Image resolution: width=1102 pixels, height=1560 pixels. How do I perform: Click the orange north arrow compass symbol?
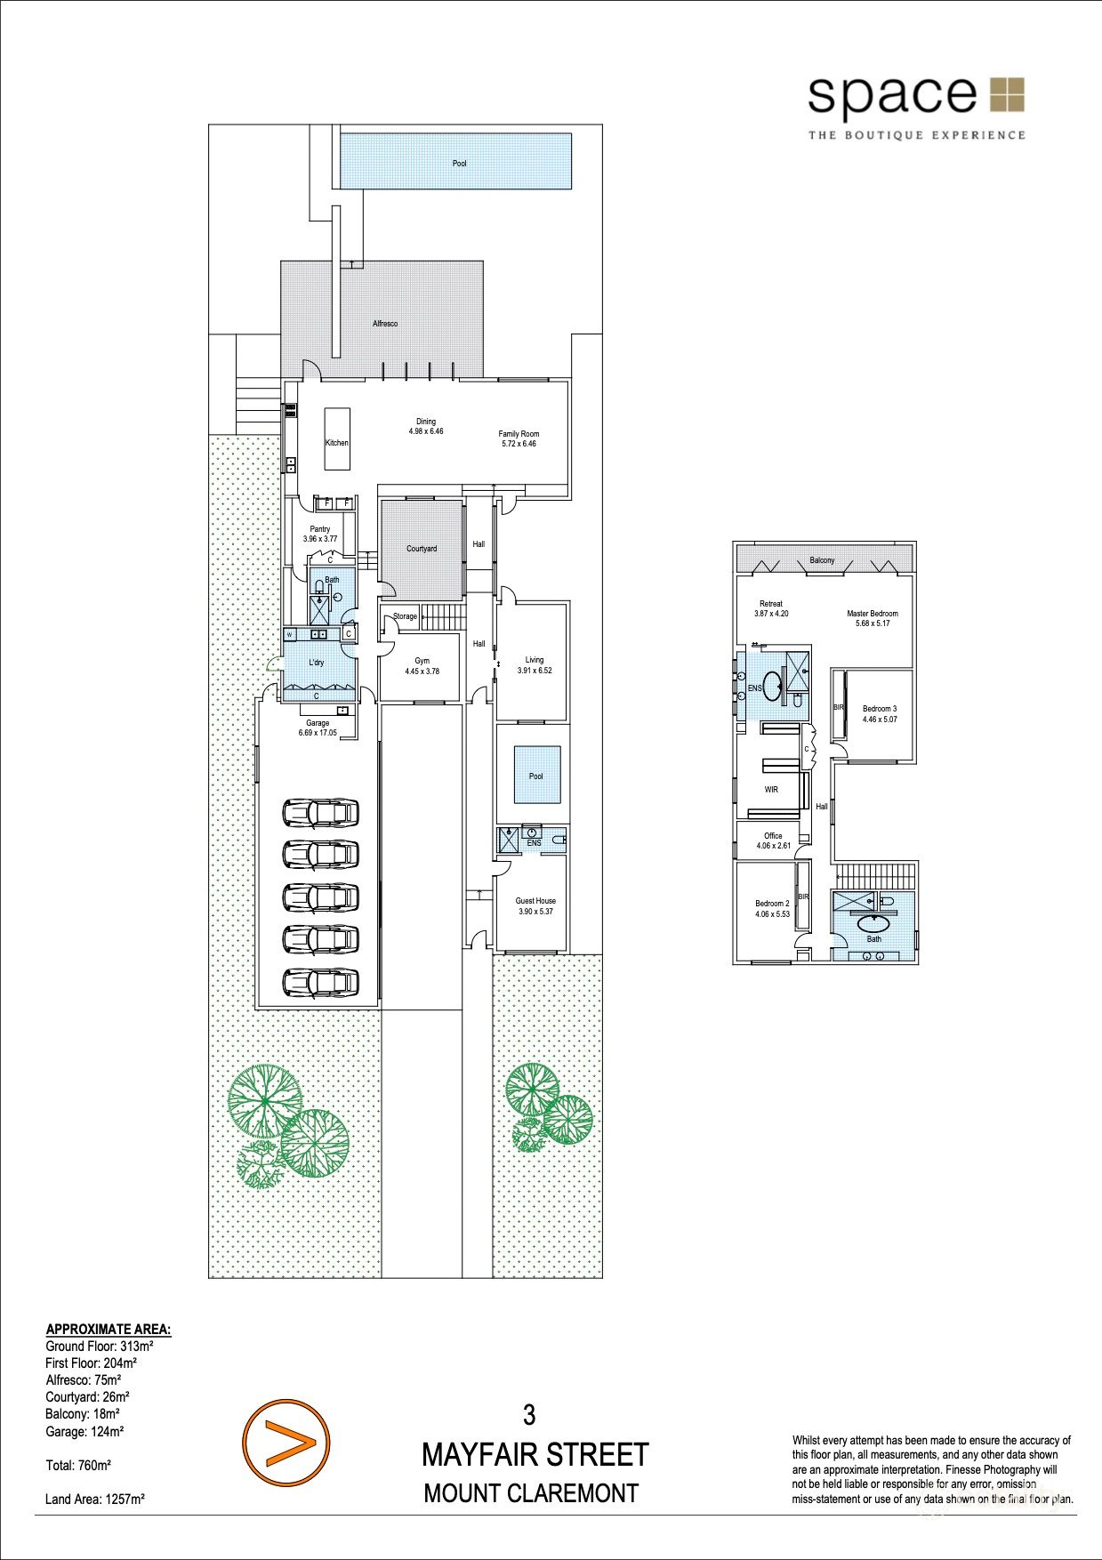tap(286, 1443)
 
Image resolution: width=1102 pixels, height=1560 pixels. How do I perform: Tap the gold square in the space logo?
tap(1007, 95)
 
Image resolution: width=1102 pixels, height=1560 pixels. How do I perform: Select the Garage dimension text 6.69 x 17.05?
tap(318, 733)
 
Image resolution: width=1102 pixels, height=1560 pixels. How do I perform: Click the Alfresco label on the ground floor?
tap(385, 324)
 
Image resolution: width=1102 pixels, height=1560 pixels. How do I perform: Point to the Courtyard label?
tap(422, 549)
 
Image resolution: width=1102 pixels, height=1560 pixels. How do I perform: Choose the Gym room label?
tap(422, 661)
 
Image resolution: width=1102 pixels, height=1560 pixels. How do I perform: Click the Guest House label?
tap(535, 901)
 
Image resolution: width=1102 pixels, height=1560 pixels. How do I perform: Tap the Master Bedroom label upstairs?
tap(873, 614)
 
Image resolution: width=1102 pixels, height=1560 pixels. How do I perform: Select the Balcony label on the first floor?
tap(823, 560)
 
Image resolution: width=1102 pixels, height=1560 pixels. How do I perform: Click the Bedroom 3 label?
tap(880, 709)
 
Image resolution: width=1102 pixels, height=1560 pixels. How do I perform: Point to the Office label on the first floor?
tap(773, 836)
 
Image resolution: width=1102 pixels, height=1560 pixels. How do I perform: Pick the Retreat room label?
tap(771, 604)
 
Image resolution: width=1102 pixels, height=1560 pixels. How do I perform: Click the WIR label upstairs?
tap(771, 790)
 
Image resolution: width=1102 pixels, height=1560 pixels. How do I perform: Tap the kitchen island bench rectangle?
tap(337, 439)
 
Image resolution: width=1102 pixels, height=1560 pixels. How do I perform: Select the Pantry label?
tap(320, 529)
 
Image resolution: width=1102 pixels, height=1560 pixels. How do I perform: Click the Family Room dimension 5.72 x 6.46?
tap(519, 444)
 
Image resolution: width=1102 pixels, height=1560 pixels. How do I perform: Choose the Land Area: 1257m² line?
tap(95, 1500)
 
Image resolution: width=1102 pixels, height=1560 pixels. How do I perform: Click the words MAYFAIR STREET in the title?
tap(535, 1455)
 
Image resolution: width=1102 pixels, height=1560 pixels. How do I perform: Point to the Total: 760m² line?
tap(78, 1465)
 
